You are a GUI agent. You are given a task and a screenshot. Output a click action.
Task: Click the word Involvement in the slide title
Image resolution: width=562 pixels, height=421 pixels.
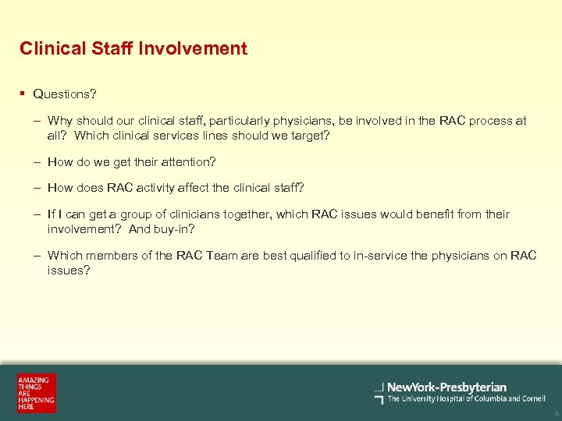[193, 48]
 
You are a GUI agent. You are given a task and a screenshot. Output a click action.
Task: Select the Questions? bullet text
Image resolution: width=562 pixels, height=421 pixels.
[65, 94]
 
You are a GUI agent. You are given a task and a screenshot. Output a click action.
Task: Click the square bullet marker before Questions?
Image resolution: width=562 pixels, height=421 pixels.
[23, 94]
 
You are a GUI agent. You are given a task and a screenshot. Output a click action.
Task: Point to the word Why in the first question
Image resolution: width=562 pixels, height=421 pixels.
[60, 121]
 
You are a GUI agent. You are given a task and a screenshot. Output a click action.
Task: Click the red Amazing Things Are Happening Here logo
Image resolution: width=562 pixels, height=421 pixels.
[37, 393]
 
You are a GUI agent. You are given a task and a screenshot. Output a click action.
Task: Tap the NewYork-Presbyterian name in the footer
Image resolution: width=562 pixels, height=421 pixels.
[446, 387]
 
